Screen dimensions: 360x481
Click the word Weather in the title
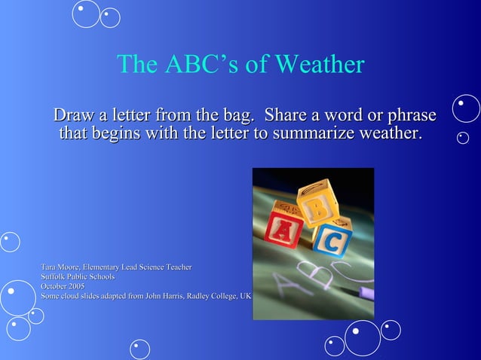coord(320,65)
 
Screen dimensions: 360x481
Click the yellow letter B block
coord(315,199)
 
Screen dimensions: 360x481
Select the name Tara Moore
coord(60,267)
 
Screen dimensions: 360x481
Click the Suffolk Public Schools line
coord(78,277)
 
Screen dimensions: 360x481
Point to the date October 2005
coord(63,286)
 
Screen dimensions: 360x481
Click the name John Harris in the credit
coord(161,296)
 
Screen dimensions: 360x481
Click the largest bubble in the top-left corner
coord(86,13)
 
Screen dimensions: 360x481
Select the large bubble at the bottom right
coord(363,338)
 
